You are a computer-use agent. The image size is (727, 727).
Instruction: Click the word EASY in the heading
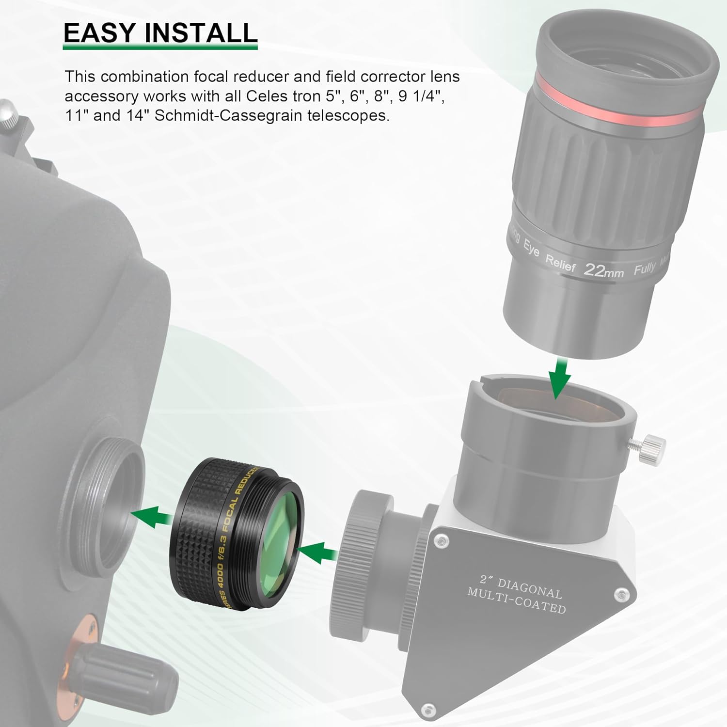coord(99,33)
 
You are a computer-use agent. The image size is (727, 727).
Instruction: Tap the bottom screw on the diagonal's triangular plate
coord(427,710)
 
